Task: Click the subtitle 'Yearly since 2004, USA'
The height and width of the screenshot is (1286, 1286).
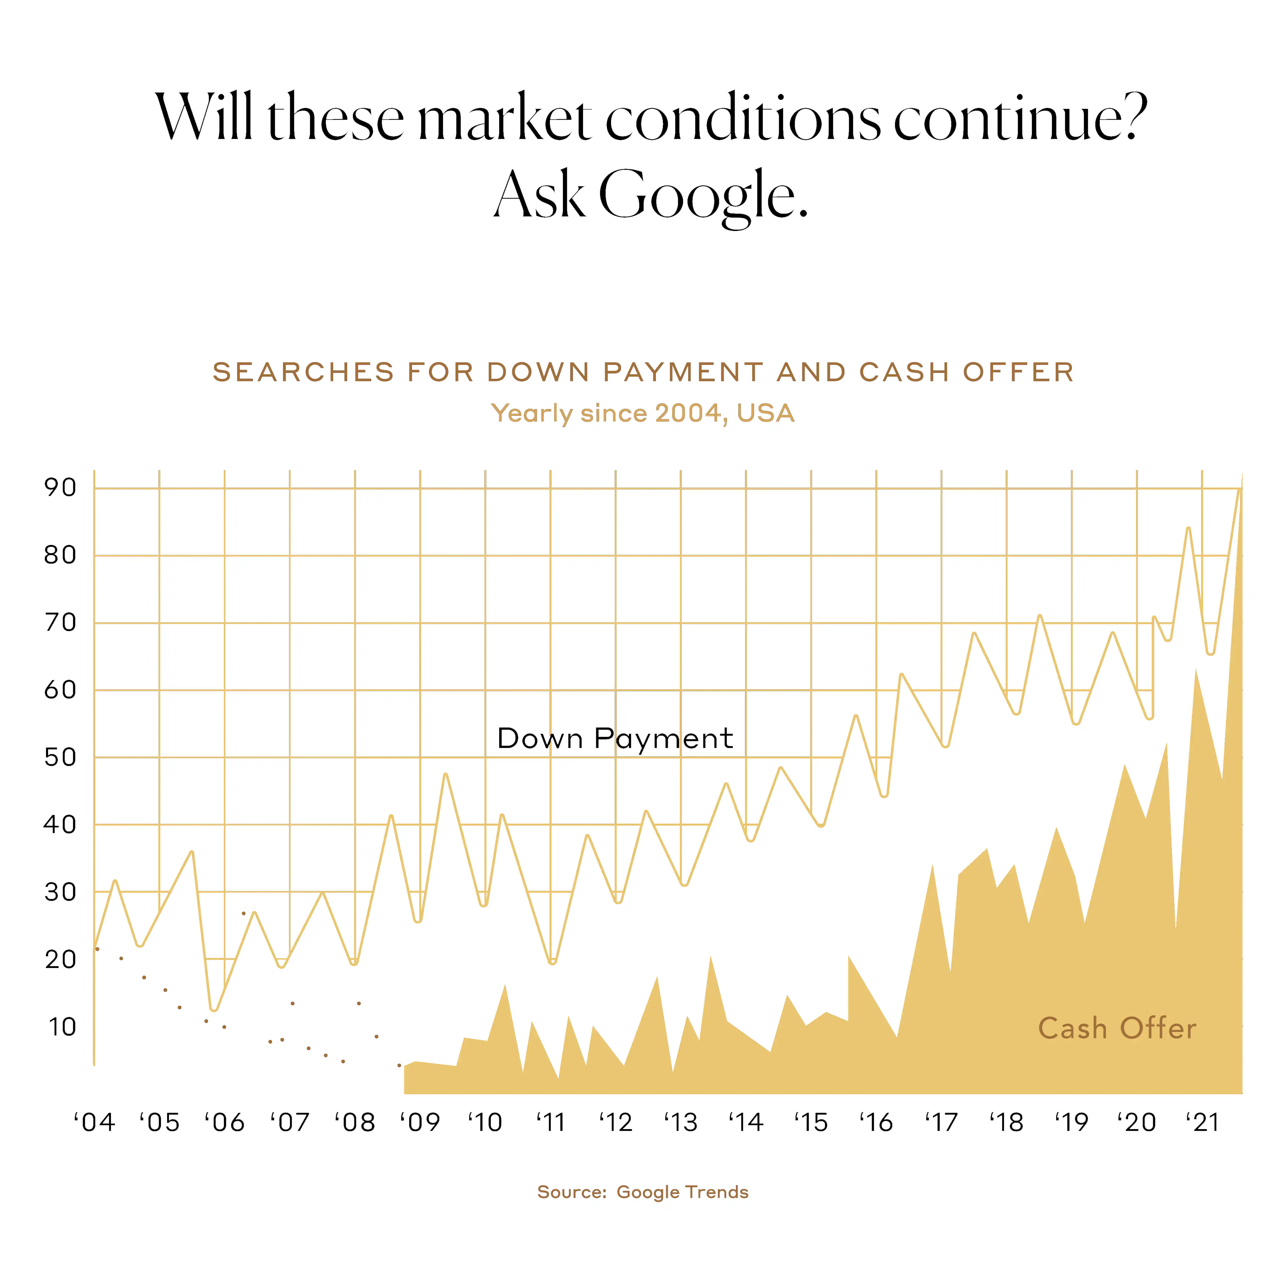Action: point(643,413)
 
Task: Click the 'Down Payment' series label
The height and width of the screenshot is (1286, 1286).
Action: point(615,739)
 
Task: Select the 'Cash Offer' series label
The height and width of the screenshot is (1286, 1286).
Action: point(1117,1029)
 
